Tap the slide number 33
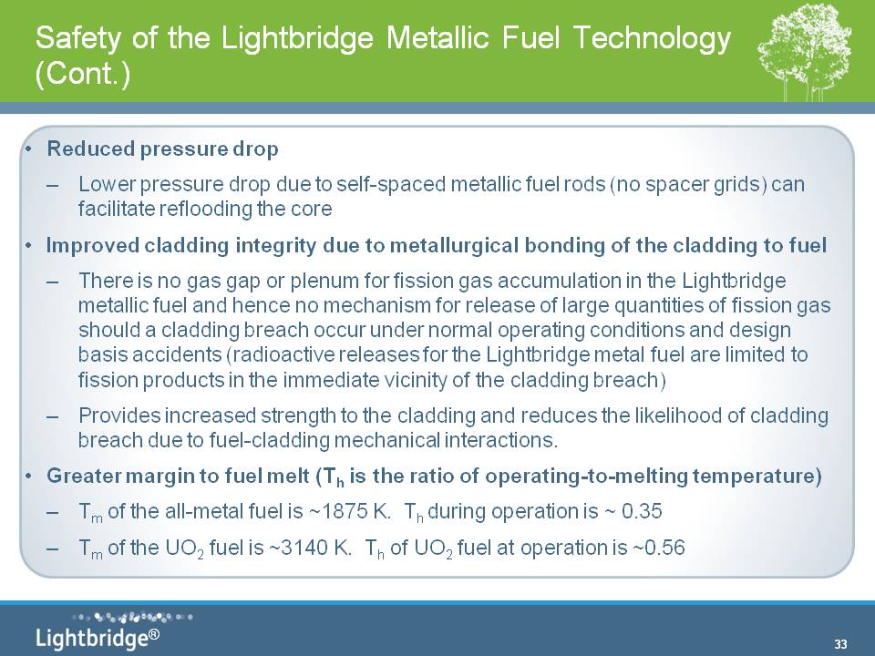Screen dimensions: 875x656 [x=840, y=644]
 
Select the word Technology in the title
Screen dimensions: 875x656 [x=651, y=38]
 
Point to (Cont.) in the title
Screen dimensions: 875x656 [x=83, y=73]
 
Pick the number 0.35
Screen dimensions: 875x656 [x=642, y=511]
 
